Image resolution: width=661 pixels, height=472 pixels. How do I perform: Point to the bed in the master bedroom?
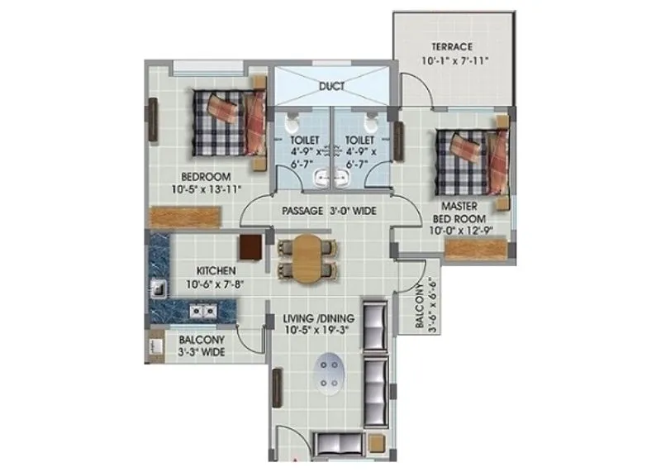tap(472, 159)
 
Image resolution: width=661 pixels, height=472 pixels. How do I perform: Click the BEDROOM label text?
tap(207, 176)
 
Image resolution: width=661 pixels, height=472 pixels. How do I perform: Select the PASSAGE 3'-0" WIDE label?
tap(329, 211)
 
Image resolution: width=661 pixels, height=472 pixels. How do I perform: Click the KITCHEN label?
tap(216, 271)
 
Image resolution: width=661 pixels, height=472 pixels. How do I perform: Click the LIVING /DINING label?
tap(318, 318)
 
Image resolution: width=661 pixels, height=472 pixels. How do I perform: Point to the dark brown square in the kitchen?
tap(250, 247)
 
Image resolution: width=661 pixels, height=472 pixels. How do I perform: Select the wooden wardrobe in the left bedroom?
tap(185, 216)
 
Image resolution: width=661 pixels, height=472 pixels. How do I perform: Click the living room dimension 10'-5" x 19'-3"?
tap(318, 330)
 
